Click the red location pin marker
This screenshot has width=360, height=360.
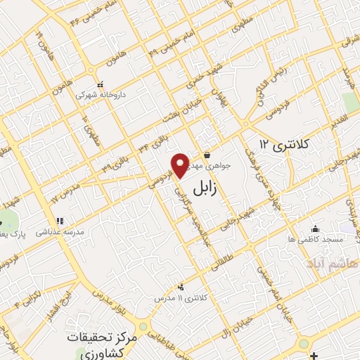[x=179, y=165]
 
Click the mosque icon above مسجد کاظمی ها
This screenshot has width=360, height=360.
[x=315, y=228]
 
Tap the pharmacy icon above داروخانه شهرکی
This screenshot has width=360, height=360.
[x=100, y=83]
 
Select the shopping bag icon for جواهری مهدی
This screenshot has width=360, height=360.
[x=207, y=155]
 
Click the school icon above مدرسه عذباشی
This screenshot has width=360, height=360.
[x=61, y=221]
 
